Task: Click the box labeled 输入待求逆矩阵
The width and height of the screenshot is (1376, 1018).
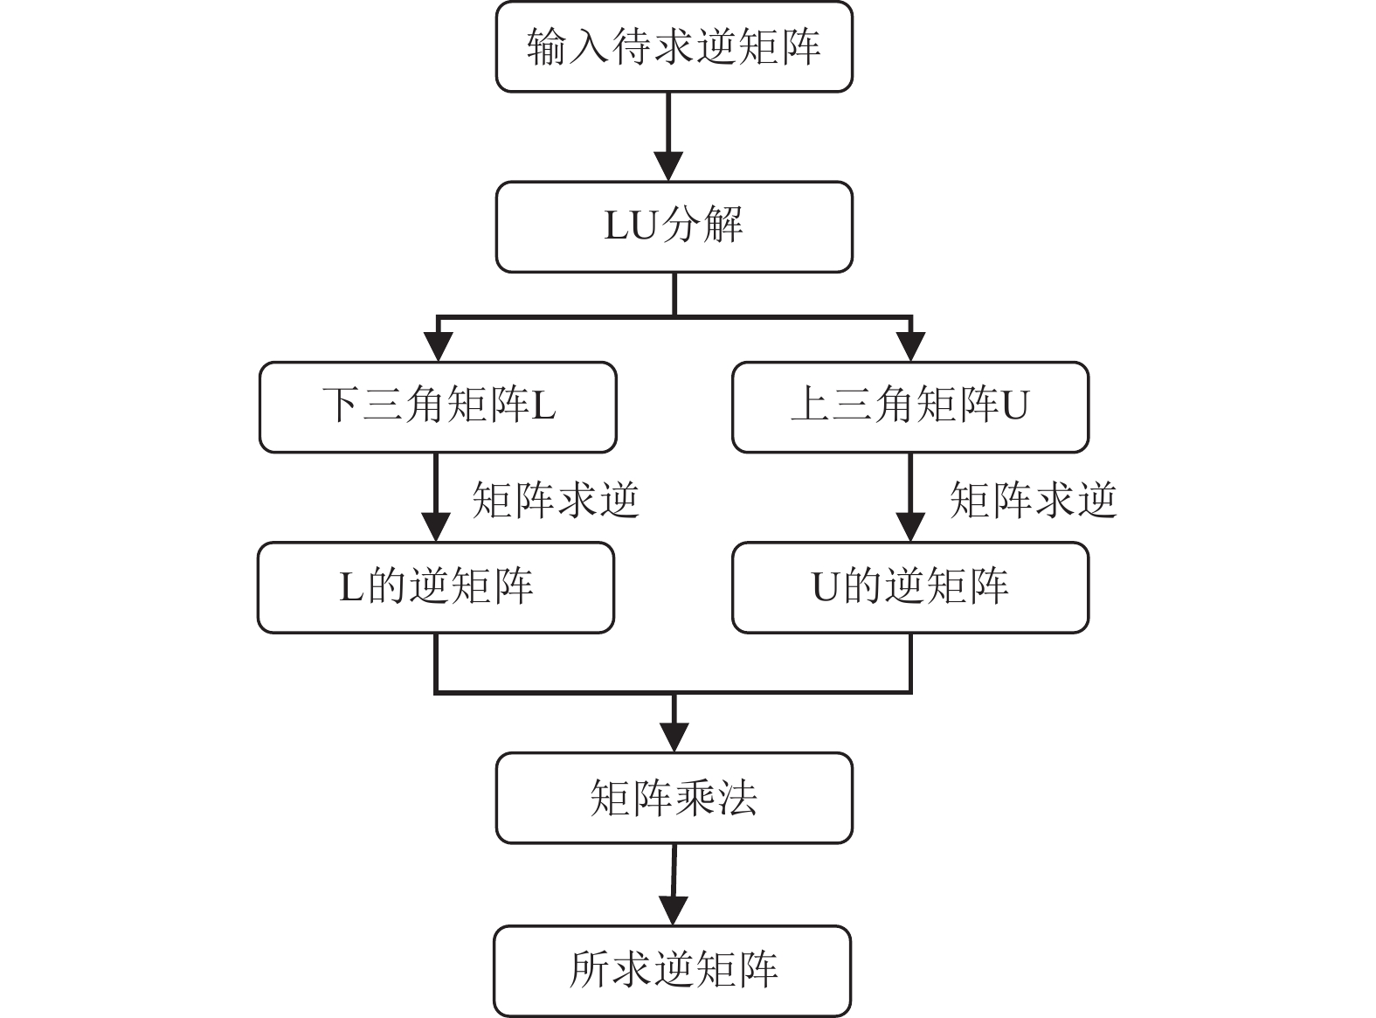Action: pos(674,46)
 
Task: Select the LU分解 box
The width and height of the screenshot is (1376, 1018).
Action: pos(674,227)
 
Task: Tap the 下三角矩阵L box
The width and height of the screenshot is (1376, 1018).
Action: pos(438,407)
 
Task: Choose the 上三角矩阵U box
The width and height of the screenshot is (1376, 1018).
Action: pos(909,407)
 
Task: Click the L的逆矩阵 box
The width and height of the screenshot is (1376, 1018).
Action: pos(436,587)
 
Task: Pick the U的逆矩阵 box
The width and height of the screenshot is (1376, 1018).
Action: pos(909,587)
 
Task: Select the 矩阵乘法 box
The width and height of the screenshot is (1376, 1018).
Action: pos(674,798)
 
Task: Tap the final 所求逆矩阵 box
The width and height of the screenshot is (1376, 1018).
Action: pos(672,971)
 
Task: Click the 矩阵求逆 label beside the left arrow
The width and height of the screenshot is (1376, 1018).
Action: pos(556,501)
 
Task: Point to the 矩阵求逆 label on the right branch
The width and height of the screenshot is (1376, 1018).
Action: pos(1033,501)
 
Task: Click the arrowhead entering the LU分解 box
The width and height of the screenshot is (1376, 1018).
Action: pos(668,166)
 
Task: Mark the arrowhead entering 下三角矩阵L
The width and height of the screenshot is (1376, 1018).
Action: pos(438,347)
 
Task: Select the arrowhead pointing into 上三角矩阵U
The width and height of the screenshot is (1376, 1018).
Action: pos(910,347)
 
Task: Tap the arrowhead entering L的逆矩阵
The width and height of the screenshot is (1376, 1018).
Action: pos(436,527)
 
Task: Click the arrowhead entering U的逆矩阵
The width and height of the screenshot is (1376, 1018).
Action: pos(910,527)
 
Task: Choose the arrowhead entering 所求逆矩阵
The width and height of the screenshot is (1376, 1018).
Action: pos(672,911)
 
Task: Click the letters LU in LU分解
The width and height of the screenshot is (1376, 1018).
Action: pos(630,227)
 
